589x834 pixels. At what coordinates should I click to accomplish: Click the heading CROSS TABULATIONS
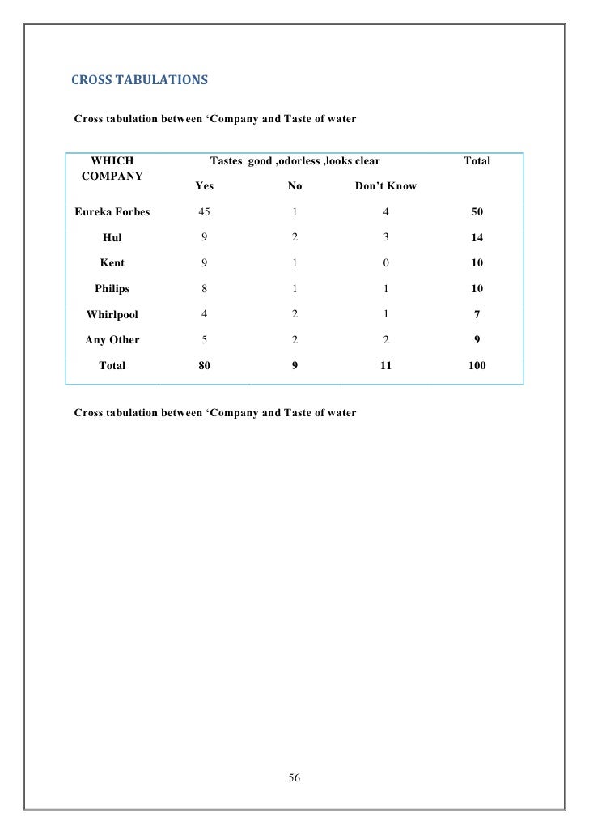[139, 80]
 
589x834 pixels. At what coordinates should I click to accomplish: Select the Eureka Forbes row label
[112, 212]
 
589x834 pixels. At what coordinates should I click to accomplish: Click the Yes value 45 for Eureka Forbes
[205, 212]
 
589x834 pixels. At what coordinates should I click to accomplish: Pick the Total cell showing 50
[477, 212]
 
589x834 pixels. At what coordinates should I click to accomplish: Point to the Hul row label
[112, 238]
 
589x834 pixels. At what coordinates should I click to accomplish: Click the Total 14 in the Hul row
[477, 238]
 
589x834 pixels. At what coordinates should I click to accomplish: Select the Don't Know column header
[386, 186]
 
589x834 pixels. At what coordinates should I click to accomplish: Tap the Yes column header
[205, 186]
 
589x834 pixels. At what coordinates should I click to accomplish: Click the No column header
[295, 186]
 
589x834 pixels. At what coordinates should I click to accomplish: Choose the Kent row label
[112, 263]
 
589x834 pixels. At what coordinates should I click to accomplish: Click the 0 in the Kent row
[386, 263]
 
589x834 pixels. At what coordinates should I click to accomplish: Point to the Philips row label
[112, 288]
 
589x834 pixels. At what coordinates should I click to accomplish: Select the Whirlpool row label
[112, 314]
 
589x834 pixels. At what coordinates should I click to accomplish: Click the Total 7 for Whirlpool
[477, 314]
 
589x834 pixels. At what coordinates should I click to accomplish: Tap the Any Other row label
[112, 340]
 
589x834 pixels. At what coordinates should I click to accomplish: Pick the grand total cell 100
[477, 366]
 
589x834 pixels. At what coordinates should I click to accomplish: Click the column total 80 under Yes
[205, 366]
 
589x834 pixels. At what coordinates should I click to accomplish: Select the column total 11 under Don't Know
[386, 366]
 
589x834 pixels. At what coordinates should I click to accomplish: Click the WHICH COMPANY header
[112, 168]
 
